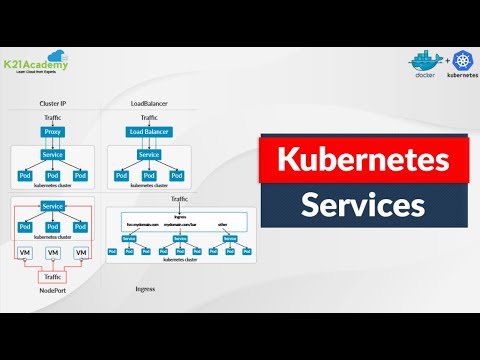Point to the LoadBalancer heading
pos(149,104)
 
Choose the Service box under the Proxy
pos(53,155)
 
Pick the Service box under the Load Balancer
pos(149,155)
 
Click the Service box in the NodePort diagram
pos(53,206)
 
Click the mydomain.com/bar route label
pos(184,226)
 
